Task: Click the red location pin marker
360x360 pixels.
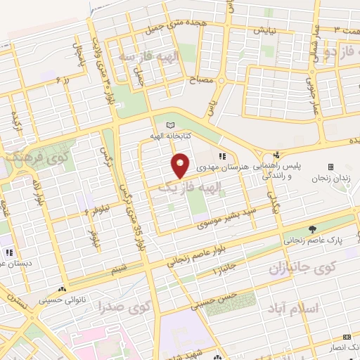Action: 181,165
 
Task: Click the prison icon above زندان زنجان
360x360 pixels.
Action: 330,166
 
